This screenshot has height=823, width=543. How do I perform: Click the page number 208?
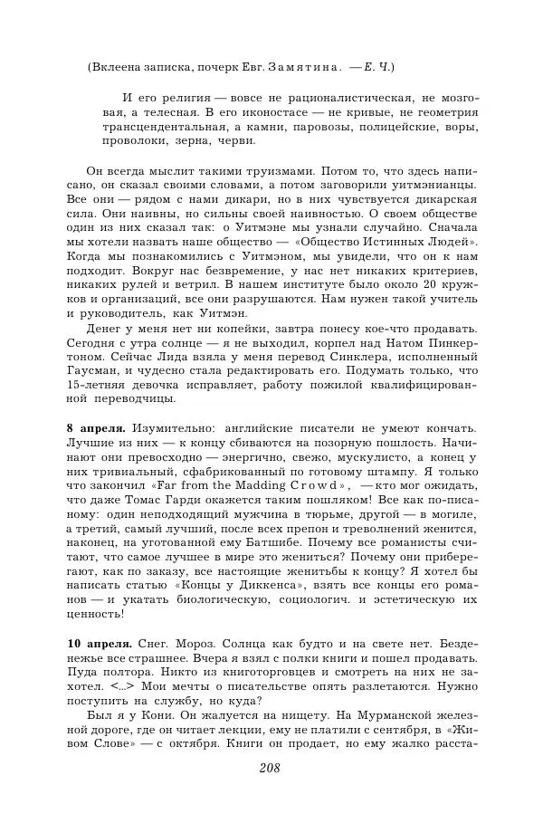point(271,768)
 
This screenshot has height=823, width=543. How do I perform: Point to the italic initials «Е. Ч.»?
point(379,67)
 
